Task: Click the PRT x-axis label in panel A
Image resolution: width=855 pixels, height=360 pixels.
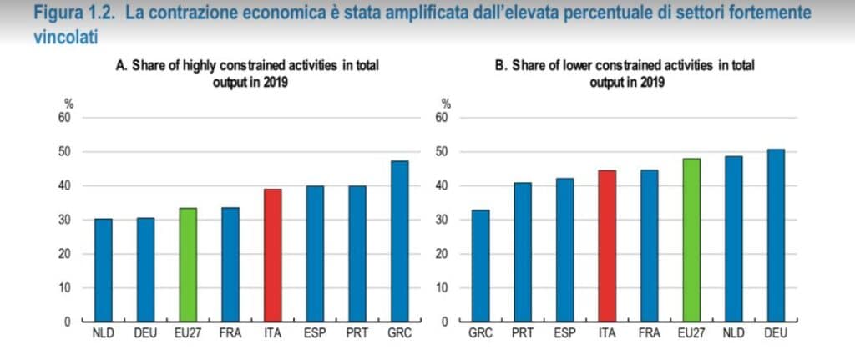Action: coord(357,335)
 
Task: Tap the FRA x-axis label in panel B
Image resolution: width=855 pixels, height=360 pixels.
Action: coord(650,335)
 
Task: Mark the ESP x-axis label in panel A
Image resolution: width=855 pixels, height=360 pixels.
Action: coord(315,335)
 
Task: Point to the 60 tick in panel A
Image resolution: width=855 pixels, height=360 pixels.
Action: coord(65,118)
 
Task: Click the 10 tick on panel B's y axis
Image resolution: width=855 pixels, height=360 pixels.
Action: coord(445,288)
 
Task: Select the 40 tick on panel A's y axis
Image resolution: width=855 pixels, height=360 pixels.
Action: coord(65,185)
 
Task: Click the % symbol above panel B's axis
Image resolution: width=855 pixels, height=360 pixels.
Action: coord(446,104)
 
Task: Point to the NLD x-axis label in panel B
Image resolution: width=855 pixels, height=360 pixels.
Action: coord(734,335)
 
